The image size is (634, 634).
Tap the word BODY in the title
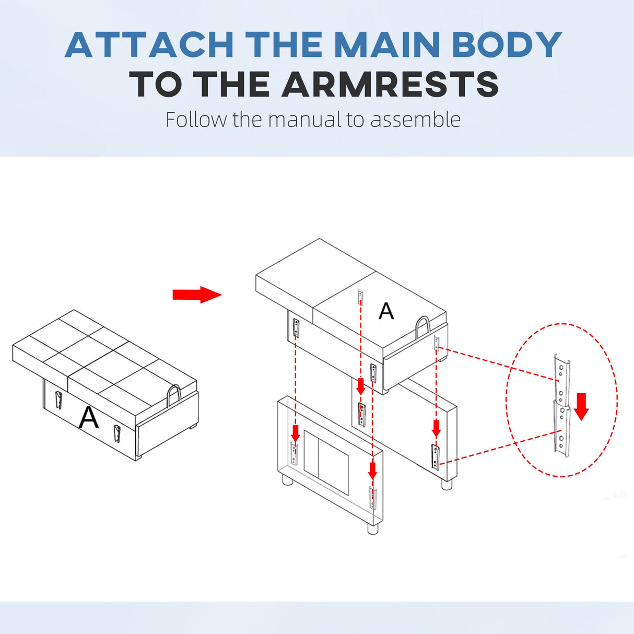pyautogui.click(x=507, y=44)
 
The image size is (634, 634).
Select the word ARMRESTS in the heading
pyautogui.click(x=390, y=84)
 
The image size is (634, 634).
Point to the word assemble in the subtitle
pyautogui.click(x=415, y=119)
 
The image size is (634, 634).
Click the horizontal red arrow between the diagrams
pyautogui.click(x=197, y=295)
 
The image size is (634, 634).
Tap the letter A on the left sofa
pyautogui.click(x=88, y=417)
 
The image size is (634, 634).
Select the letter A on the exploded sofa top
pyautogui.click(x=386, y=311)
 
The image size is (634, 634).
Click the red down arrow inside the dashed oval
pyautogui.click(x=581, y=406)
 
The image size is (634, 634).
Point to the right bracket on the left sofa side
pyautogui.click(x=117, y=433)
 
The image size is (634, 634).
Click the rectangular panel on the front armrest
pyautogui.click(x=326, y=462)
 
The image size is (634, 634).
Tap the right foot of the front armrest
pyautogui.click(x=373, y=528)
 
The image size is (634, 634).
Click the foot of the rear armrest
pyautogui.click(x=447, y=484)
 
